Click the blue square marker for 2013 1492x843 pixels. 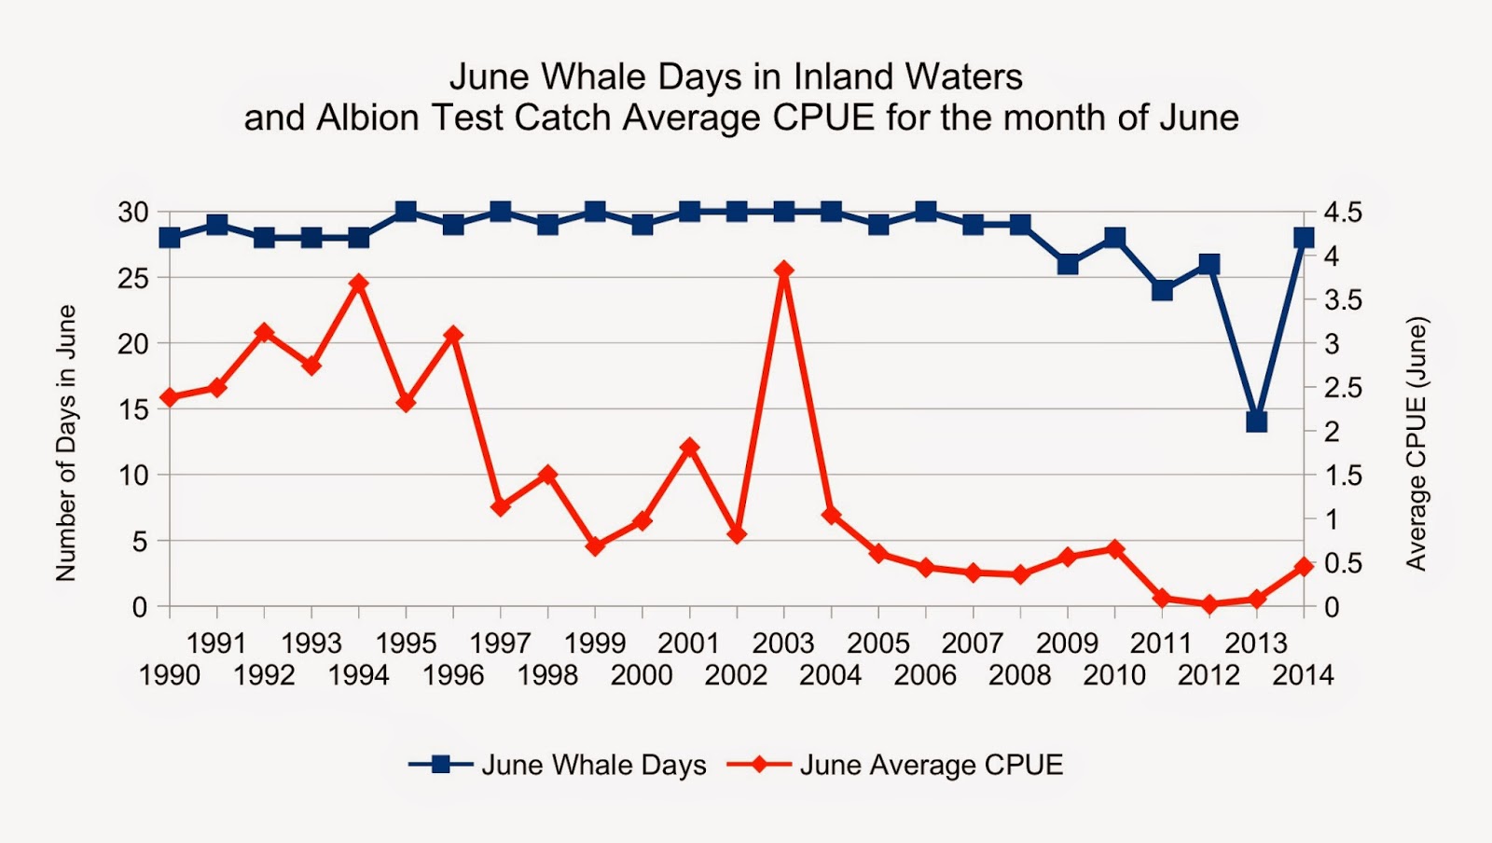pos(1256,422)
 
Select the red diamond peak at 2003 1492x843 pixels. pos(784,270)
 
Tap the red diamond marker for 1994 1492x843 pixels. pos(359,283)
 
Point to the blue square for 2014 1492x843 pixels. pos(1304,238)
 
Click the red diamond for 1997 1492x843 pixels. pos(501,506)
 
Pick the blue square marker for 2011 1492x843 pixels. pos(1162,290)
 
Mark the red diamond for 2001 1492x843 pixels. pos(690,448)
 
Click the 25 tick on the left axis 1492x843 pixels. pos(132,278)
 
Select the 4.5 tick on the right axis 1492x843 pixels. pos(1343,213)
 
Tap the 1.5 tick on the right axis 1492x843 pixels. pos(1343,476)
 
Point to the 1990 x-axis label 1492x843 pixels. pos(170,675)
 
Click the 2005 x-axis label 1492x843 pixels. pos(877,643)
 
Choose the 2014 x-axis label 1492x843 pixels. pos(1303,675)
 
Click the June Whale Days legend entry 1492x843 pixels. pos(593,766)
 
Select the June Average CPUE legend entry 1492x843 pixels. pos(931,766)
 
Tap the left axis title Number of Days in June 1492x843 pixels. pos(65,443)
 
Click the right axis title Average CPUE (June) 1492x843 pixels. pos(1416,443)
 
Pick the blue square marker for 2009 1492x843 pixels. pos(1068,264)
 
